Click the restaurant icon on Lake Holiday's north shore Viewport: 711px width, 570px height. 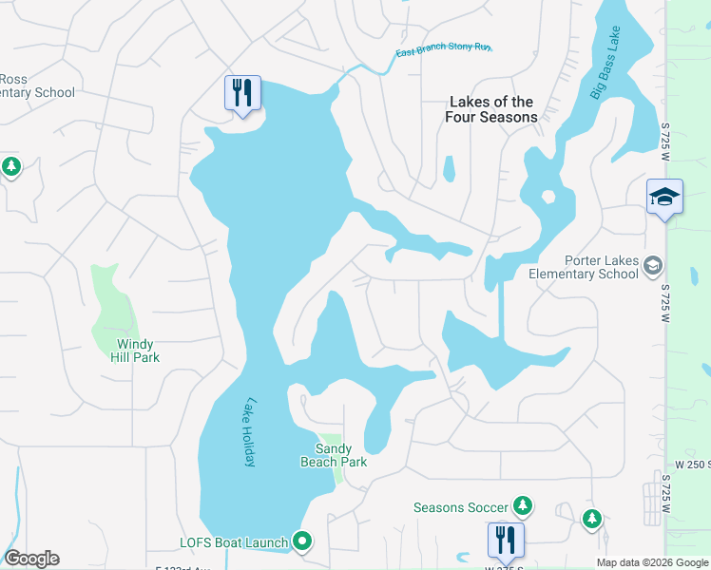(x=242, y=93)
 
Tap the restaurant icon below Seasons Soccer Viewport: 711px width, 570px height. (x=506, y=540)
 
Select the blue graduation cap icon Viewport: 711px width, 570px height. (x=664, y=197)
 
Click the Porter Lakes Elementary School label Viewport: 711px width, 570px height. (x=584, y=267)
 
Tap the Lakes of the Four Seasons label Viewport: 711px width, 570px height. (x=490, y=109)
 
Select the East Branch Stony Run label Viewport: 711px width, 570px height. (x=444, y=50)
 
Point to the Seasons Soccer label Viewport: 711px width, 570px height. (x=461, y=507)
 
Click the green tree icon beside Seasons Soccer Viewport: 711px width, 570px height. (x=522, y=505)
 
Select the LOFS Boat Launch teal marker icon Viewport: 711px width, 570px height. (x=302, y=542)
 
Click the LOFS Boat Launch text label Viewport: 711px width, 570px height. (x=234, y=543)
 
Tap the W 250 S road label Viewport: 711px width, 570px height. (x=692, y=464)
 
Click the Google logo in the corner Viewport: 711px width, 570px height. (x=31, y=558)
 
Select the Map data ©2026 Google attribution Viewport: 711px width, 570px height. (x=652, y=562)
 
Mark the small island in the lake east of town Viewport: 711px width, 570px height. (x=548, y=199)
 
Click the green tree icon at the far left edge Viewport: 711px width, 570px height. (x=10, y=167)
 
